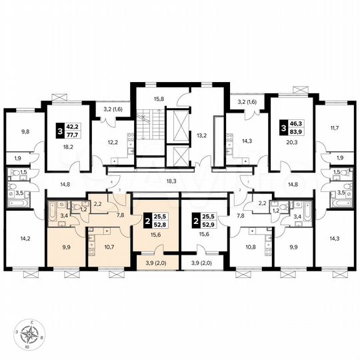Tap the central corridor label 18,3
(x=173, y=180)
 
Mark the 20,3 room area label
(x=290, y=143)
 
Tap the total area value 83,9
(x=295, y=133)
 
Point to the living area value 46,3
(x=295, y=123)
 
